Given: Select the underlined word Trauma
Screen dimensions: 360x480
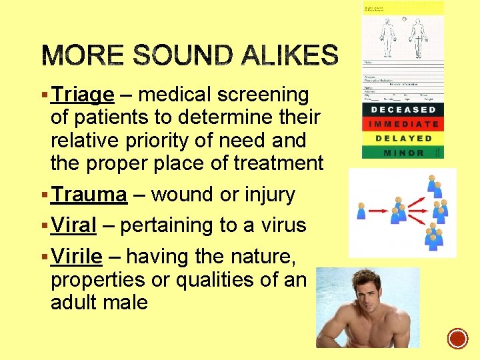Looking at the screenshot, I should pos(89,195).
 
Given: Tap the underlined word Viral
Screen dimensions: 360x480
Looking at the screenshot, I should pos(74,225).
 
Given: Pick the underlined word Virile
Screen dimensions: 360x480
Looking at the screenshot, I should pos(77,256).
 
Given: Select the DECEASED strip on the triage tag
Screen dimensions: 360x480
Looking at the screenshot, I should pos(403,109).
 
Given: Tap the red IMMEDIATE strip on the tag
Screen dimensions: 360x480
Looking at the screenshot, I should pos(403,124).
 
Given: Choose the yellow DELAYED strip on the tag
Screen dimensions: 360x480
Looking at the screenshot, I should pos(403,139).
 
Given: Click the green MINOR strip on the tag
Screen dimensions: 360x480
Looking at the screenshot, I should pos(403,153).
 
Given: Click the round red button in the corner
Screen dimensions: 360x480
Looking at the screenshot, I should pos(458,339).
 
